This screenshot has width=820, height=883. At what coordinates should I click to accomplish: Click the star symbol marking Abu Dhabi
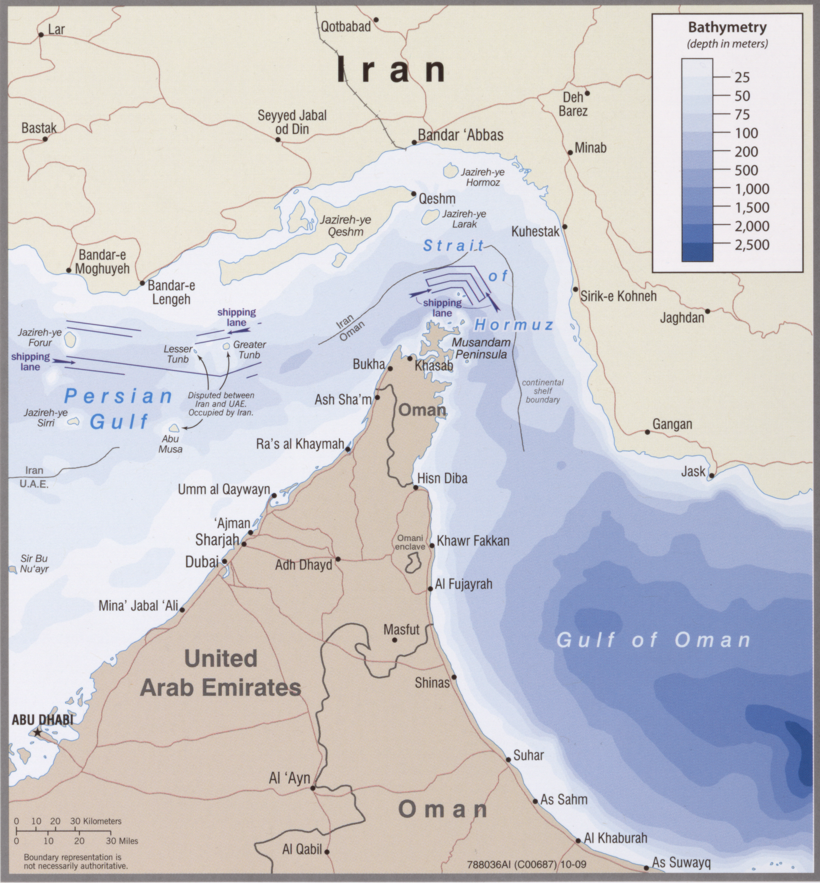click(x=38, y=732)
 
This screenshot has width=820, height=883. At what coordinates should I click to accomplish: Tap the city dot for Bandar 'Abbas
click(x=414, y=142)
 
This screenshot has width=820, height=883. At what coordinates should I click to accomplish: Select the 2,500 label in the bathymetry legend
click(x=752, y=244)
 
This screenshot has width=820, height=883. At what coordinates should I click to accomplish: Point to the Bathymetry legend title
click(x=727, y=27)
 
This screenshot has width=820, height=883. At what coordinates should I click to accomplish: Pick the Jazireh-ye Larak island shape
click(x=428, y=216)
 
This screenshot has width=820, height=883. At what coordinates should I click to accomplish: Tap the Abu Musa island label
click(x=171, y=443)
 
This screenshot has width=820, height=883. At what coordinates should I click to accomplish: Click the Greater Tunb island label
click(x=249, y=349)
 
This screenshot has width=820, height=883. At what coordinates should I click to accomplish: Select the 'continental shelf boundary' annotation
click(x=543, y=391)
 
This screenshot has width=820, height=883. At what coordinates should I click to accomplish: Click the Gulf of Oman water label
click(x=653, y=640)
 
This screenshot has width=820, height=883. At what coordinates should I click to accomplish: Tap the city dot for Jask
click(x=711, y=475)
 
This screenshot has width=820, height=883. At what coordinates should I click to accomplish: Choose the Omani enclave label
click(x=410, y=542)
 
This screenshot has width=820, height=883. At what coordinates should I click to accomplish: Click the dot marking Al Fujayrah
click(x=430, y=589)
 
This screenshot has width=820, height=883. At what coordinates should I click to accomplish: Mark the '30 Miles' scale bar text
click(x=122, y=841)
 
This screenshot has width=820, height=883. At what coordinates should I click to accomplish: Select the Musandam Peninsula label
click(x=481, y=348)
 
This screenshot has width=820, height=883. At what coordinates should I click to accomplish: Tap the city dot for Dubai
click(x=225, y=561)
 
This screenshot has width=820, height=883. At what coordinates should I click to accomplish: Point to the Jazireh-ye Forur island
click(x=70, y=340)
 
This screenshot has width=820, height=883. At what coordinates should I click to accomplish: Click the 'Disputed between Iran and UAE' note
click(x=221, y=404)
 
